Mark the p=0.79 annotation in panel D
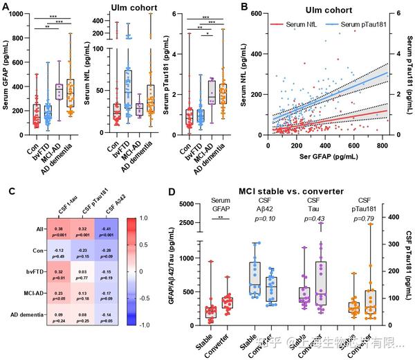coord(360,219)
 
